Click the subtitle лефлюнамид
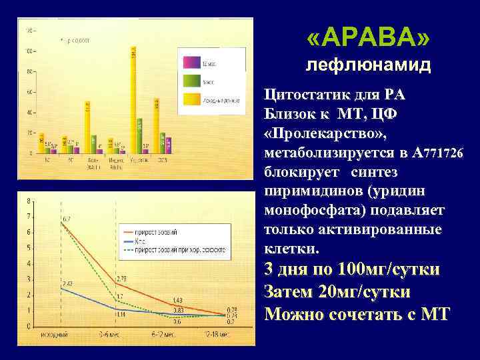368,66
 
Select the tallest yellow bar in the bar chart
133,100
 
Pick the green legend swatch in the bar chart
191,80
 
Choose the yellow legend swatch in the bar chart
191,99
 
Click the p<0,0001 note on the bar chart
79,40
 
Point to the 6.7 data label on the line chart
67,219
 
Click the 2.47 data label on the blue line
67,284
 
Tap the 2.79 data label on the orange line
121,277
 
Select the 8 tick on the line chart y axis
27,201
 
